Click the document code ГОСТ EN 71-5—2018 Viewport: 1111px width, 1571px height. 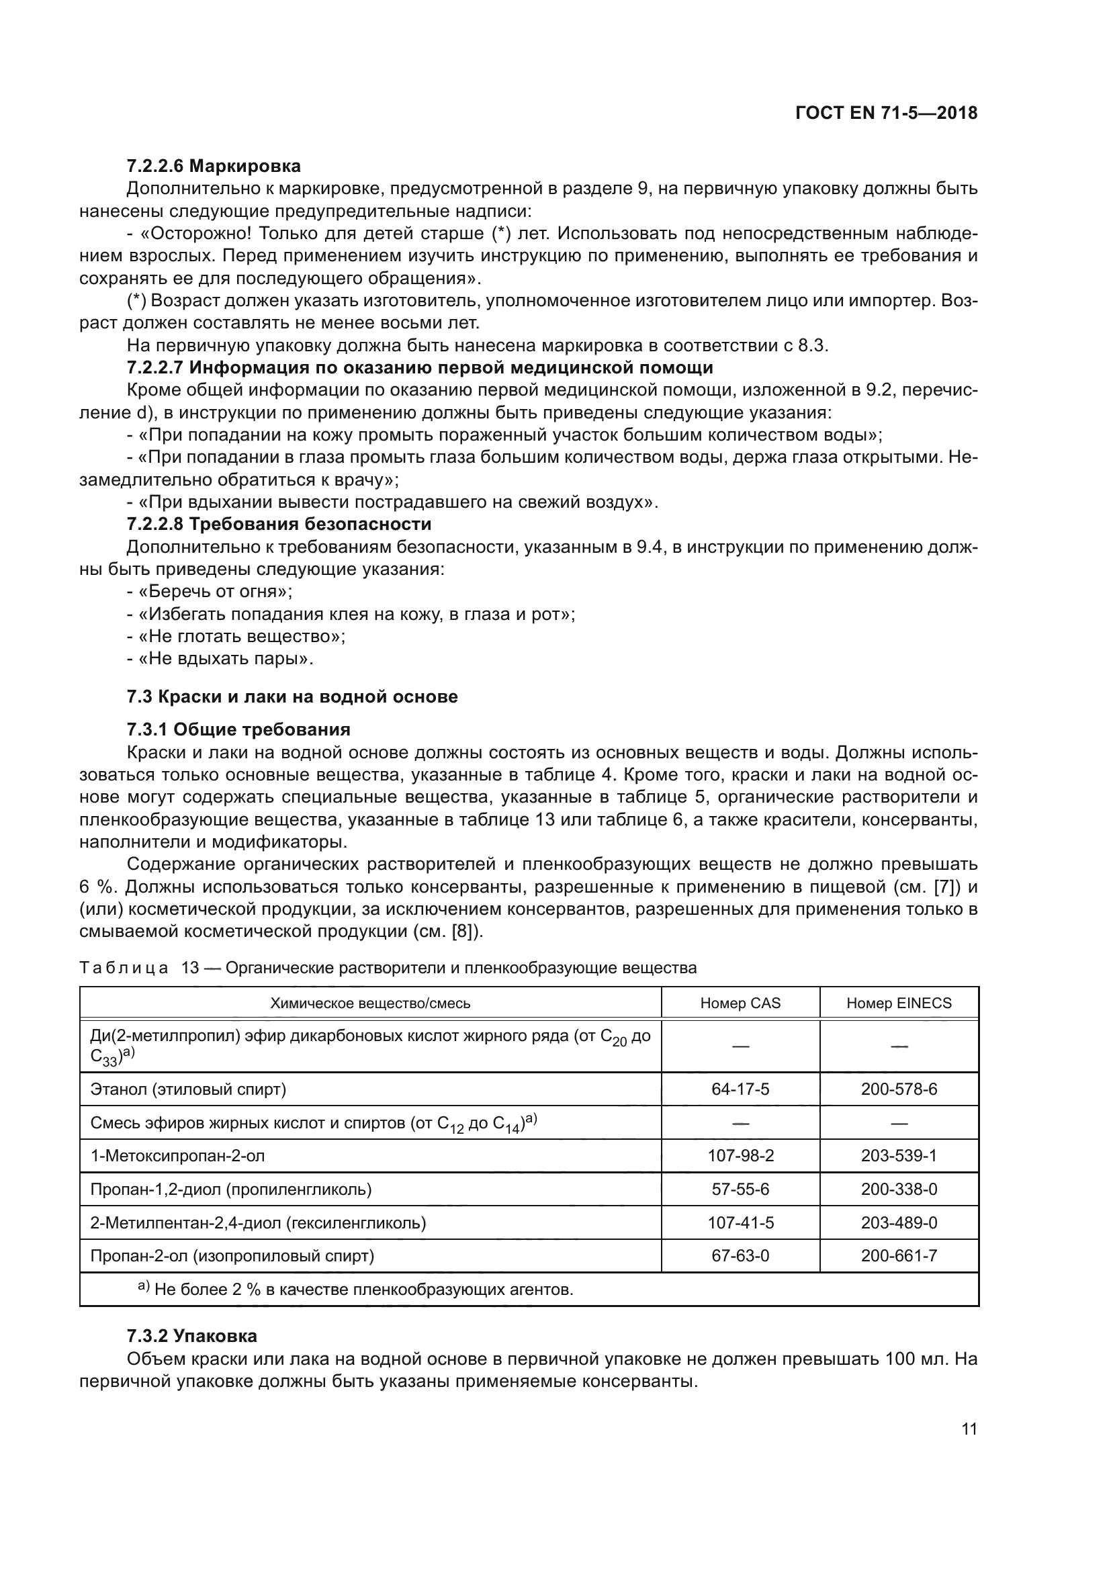click(886, 114)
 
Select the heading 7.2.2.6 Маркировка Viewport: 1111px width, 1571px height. click(214, 167)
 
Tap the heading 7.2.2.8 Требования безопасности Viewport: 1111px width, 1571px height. click(279, 524)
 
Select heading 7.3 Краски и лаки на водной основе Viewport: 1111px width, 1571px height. click(292, 697)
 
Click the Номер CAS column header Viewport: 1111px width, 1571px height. click(740, 1003)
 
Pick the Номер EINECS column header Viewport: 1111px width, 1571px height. click(899, 1003)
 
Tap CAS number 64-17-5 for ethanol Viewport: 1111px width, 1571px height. click(740, 1089)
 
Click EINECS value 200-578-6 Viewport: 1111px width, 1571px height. click(899, 1089)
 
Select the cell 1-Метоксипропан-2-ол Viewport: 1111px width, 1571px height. click(178, 1156)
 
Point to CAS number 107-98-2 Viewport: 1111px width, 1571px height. click(740, 1156)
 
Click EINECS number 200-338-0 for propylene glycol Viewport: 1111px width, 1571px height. click(899, 1190)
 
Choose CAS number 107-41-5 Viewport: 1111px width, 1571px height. click(740, 1222)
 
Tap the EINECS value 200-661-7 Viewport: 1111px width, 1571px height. click(899, 1256)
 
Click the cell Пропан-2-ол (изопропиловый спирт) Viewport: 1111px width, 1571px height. click(232, 1256)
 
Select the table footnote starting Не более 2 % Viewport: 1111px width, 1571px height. click(363, 1290)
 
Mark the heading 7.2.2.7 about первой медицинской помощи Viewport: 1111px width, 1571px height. click(419, 367)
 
